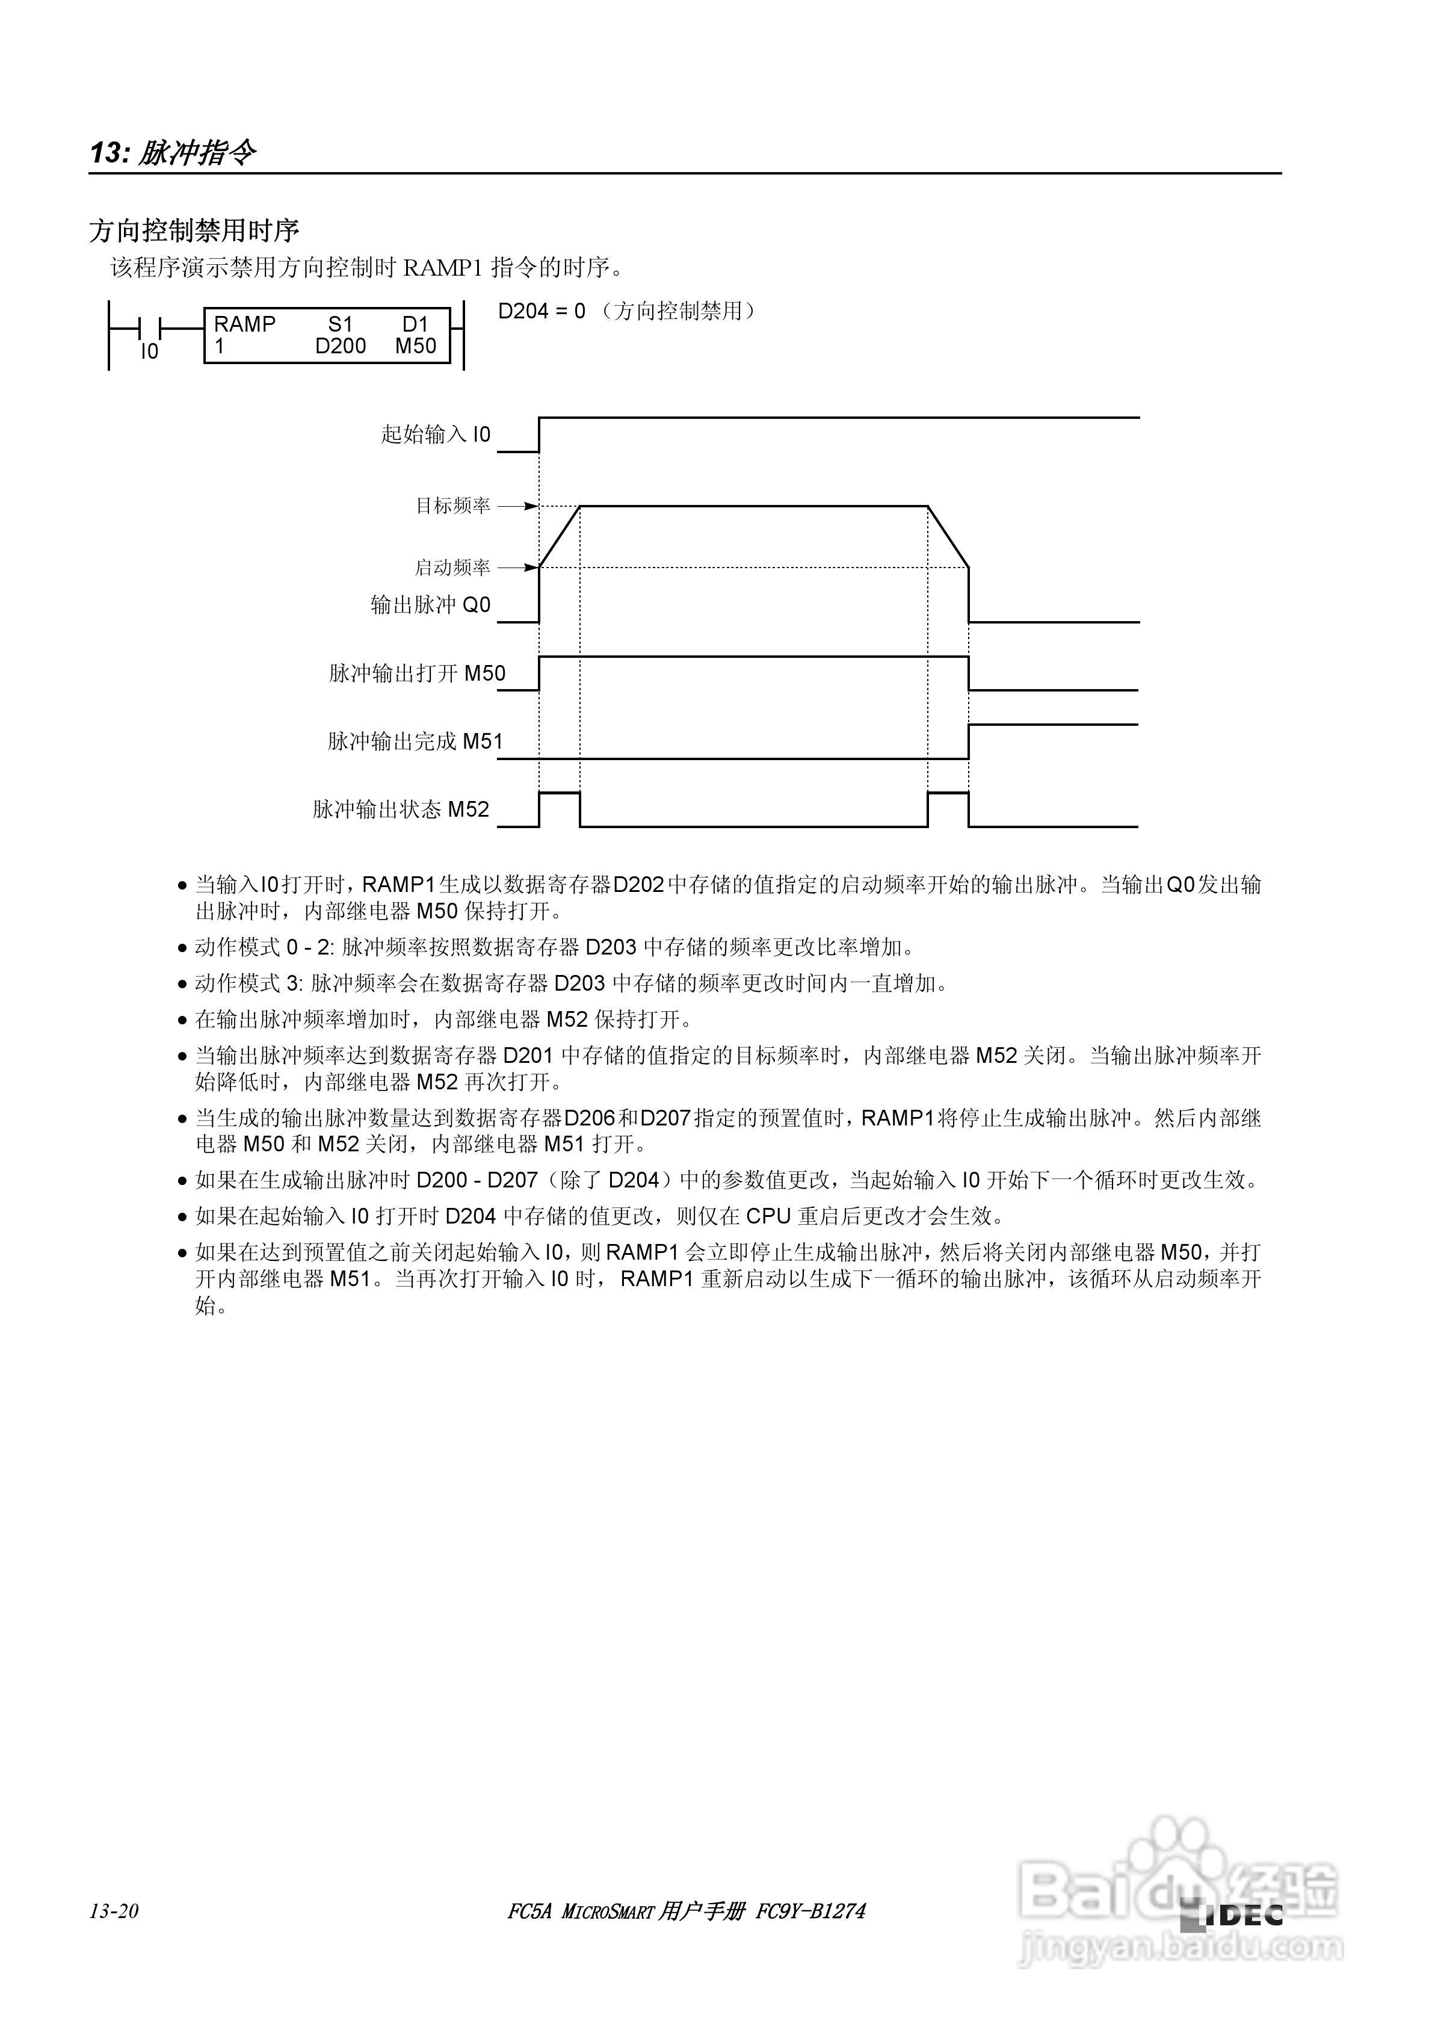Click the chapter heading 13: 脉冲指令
click(173, 153)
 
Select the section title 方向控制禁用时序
click(194, 231)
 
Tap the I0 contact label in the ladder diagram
click(149, 352)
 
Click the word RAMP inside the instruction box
click(244, 324)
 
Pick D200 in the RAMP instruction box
click(340, 346)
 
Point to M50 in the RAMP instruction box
click(416, 346)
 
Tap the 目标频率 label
click(453, 506)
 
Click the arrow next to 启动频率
click(518, 568)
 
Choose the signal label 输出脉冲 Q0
click(430, 605)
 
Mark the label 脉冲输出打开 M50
click(417, 673)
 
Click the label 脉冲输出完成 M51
click(415, 741)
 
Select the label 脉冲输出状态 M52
click(401, 809)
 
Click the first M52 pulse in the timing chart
click(560, 794)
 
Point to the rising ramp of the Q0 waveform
click(560, 537)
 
